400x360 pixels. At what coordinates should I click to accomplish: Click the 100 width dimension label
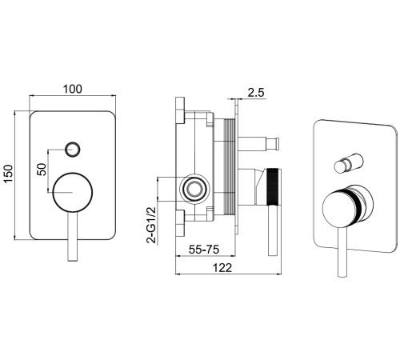click(72, 89)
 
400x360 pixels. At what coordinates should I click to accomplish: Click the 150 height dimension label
click(9, 174)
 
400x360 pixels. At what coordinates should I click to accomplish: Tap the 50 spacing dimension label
click(42, 170)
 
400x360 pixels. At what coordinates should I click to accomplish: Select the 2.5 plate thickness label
click(256, 93)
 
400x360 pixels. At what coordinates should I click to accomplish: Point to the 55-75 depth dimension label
click(204, 250)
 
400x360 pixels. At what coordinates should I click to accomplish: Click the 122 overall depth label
click(222, 268)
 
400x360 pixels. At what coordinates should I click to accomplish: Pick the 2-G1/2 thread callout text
click(151, 225)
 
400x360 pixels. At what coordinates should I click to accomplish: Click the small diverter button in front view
click(73, 149)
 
